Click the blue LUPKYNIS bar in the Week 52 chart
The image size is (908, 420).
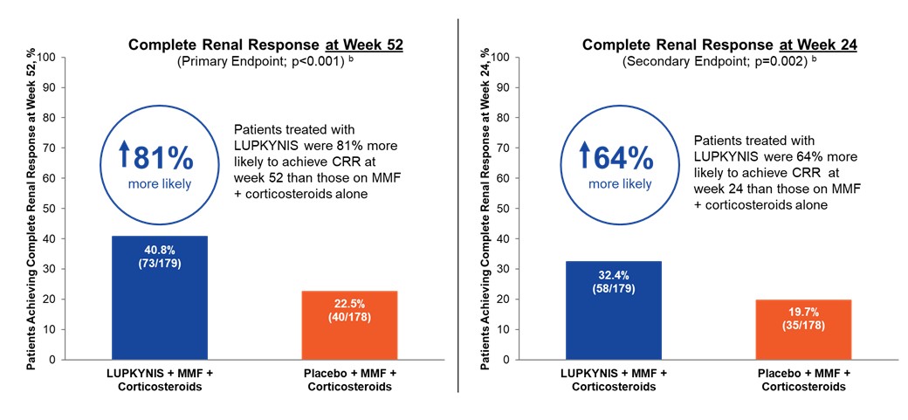tap(159, 297)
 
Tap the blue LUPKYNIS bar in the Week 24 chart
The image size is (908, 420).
tap(613, 310)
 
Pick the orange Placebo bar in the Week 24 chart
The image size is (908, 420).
tap(803, 329)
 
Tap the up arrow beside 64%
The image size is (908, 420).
tap(582, 159)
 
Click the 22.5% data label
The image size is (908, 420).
tap(349, 303)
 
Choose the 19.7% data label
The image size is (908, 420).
tap(803, 312)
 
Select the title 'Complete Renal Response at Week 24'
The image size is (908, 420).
tap(719, 45)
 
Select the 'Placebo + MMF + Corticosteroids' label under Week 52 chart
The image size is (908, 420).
tap(349, 380)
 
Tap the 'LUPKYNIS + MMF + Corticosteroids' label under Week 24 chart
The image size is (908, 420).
tap(613, 380)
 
